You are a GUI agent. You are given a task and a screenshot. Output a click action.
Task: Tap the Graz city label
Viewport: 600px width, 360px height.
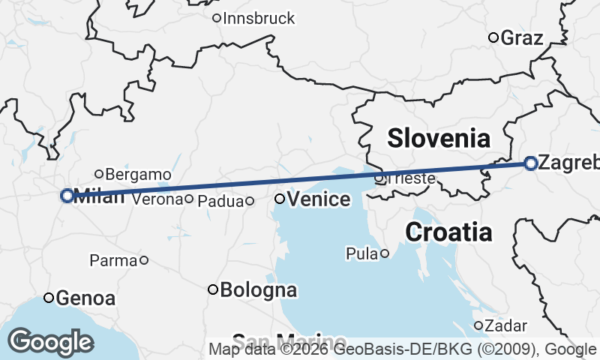click(521, 37)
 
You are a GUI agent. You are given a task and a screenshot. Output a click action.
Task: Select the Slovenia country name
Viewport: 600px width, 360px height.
click(439, 138)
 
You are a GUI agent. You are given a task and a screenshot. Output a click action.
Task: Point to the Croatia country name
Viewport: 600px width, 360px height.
click(448, 232)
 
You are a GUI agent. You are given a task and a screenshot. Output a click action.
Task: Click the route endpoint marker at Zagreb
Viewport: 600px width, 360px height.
click(530, 163)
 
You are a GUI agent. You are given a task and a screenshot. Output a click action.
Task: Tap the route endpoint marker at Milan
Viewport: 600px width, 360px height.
click(67, 196)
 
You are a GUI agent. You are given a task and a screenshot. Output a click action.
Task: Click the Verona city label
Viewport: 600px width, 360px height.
click(157, 199)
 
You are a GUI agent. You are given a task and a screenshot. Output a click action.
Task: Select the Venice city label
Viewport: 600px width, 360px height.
click(319, 199)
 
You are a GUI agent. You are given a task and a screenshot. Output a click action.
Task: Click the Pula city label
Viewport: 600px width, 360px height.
click(361, 254)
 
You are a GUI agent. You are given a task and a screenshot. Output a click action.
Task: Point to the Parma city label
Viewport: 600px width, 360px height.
click(113, 261)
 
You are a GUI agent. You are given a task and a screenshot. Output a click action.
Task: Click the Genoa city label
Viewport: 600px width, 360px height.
click(85, 298)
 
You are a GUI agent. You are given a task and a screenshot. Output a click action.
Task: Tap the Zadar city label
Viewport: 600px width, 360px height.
click(500, 325)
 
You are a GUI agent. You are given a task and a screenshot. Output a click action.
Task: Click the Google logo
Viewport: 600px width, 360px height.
click(50, 342)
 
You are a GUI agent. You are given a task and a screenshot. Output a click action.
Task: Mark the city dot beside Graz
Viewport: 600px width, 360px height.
click(493, 37)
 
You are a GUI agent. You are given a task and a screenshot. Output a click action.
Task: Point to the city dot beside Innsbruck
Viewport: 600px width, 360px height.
click(217, 18)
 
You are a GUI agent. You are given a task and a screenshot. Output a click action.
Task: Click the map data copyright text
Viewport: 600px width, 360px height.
click(401, 349)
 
